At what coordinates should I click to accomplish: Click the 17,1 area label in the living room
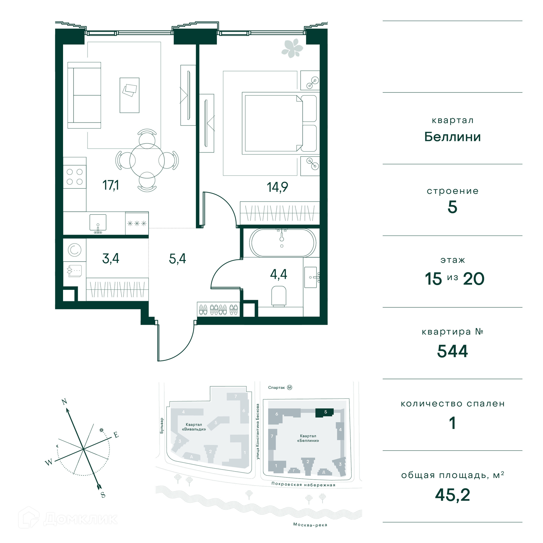click(111, 185)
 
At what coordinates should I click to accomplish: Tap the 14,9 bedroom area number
click(277, 187)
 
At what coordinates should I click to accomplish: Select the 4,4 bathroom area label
click(279, 274)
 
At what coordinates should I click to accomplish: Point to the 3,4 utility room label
click(111, 258)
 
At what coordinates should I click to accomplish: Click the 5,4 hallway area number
click(177, 258)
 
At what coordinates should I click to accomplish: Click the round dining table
click(147, 161)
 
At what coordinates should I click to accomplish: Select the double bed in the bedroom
click(279, 123)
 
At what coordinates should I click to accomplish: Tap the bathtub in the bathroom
click(283, 243)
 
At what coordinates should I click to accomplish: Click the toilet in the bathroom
click(279, 296)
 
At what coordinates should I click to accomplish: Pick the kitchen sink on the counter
click(98, 223)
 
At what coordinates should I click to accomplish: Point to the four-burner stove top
click(75, 177)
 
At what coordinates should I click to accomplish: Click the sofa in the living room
click(84, 95)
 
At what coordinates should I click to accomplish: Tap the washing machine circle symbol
click(74, 250)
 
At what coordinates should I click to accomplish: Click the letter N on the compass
click(64, 402)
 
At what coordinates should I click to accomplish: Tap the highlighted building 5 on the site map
click(324, 413)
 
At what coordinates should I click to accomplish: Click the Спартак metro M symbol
click(290, 387)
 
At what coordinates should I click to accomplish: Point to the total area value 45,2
click(453, 495)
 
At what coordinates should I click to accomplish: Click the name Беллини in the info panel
click(453, 137)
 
